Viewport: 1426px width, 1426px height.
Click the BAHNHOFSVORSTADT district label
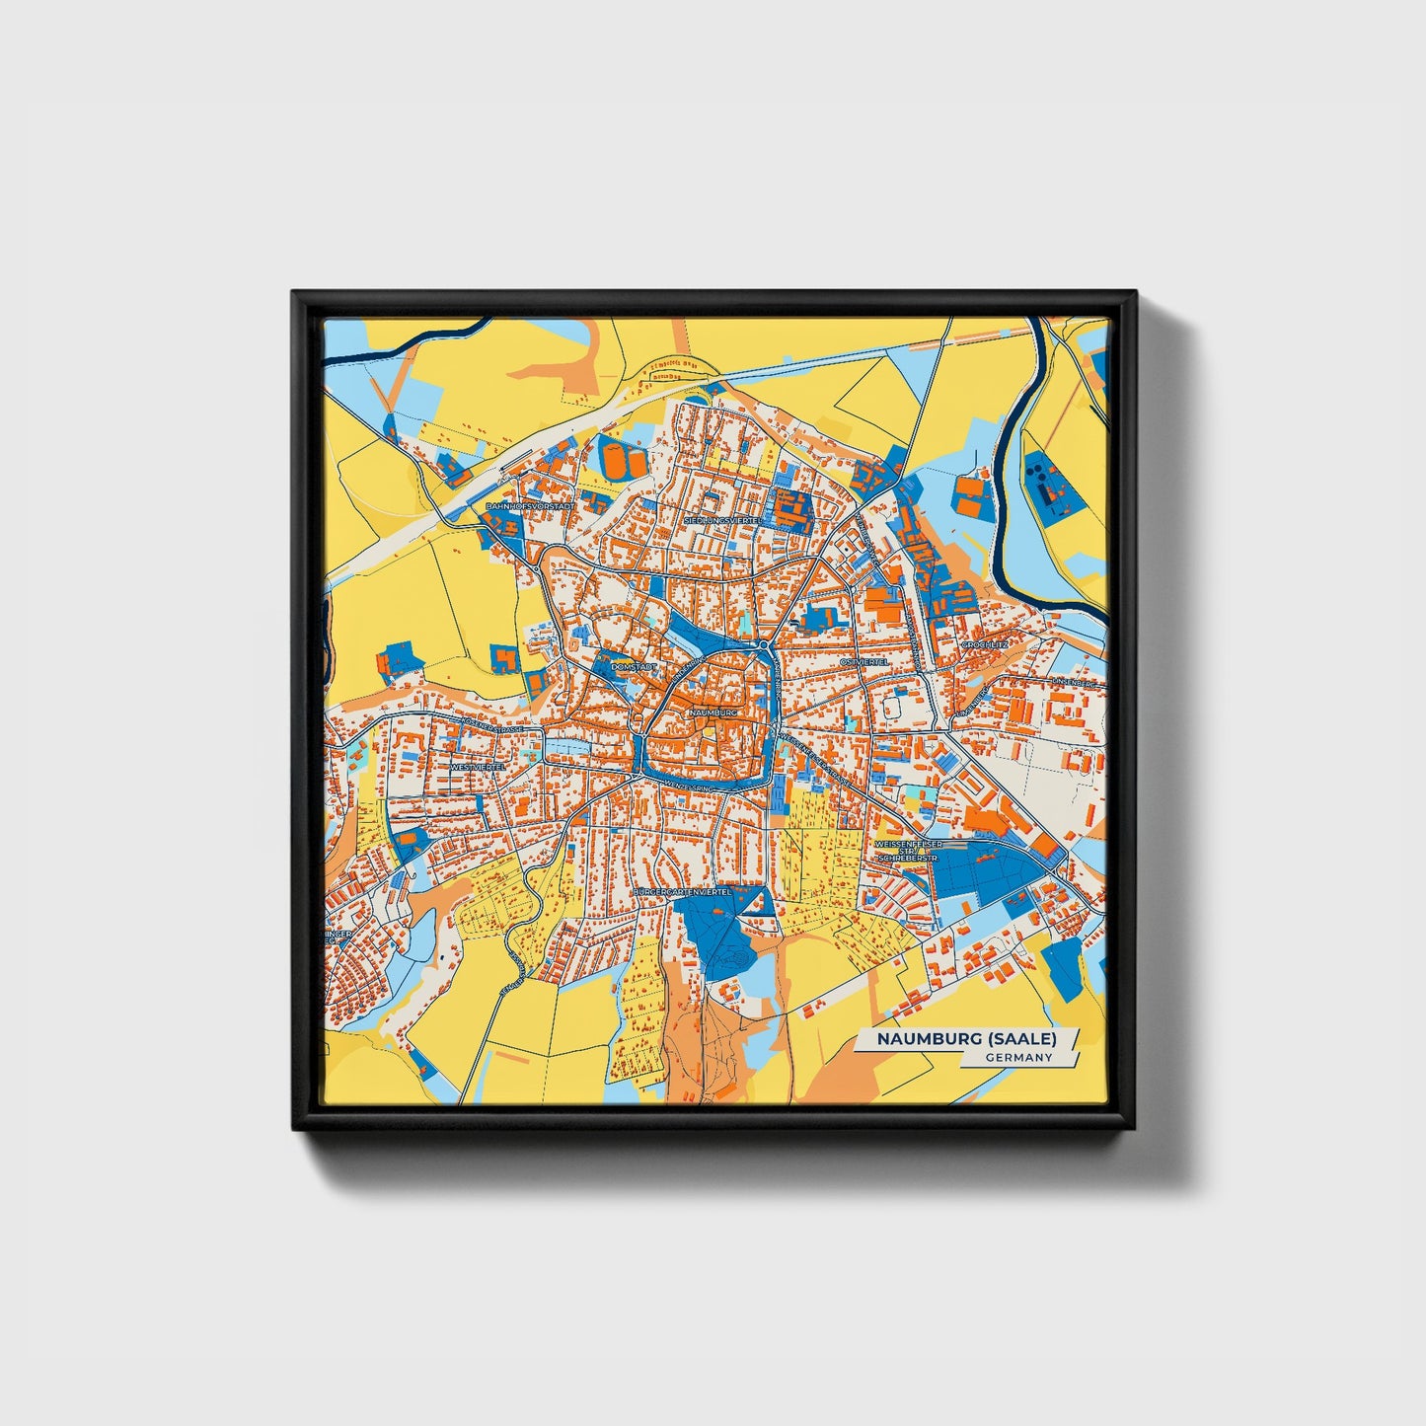point(529,506)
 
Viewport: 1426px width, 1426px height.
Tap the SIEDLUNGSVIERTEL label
point(722,519)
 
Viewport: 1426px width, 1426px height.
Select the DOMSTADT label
point(633,667)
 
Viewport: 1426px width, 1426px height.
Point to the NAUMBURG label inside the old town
point(713,712)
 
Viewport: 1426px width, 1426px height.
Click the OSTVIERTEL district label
point(863,661)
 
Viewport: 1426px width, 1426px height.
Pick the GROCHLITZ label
point(984,644)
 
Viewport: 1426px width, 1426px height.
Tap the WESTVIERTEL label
point(477,766)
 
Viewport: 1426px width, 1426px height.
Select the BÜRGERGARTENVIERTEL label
point(681,891)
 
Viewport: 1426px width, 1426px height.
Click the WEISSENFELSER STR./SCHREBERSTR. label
point(908,852)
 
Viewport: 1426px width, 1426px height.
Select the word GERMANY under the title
point(1018,1057)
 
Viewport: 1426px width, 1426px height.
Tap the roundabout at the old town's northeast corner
point(765,645)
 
